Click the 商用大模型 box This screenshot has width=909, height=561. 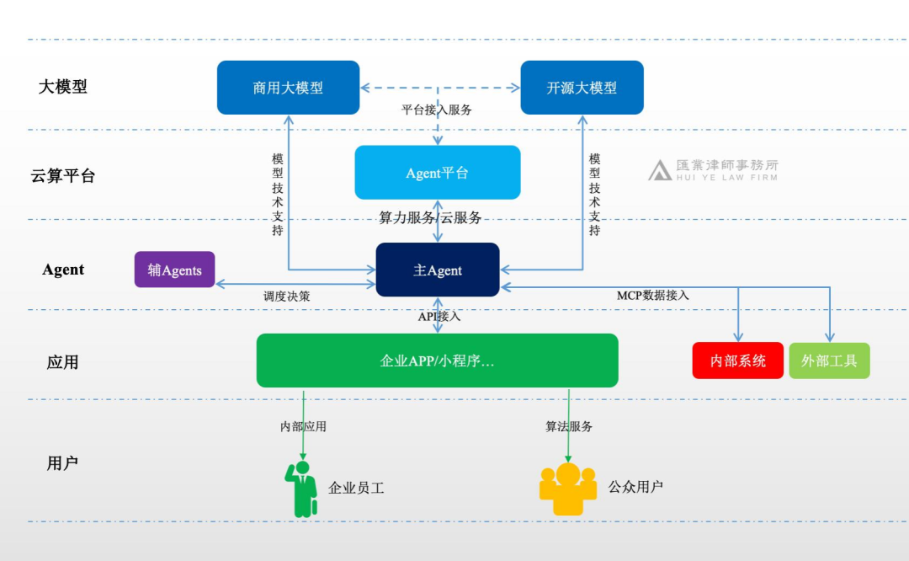click(288, 88)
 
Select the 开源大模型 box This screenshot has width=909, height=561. click(582, 88)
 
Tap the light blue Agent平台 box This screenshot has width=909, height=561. click(437, 173)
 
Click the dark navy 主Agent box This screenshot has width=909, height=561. click(438, 270)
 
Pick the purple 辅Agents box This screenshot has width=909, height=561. click(175, 270)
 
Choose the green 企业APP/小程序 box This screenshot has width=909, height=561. click(437, 361)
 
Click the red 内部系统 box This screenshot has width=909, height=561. click(738, 361)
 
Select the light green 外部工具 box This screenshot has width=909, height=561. click(829, 361)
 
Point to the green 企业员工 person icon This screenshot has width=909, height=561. click(301, 489)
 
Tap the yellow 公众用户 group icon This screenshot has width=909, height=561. click(568, 489)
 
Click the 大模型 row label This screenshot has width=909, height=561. click(63, 87)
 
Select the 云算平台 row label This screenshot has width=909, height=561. click(63, 176)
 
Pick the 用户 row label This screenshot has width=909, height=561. click(63, 462)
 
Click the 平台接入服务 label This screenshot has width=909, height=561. click(437, 110)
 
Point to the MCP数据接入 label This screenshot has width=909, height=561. click(653, 295)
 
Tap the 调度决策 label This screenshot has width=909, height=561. click(286, 297)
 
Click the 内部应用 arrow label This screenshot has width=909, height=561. click(303, 426)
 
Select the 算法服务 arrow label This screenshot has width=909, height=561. click(569, 426)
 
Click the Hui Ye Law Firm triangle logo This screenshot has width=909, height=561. click(660, 170)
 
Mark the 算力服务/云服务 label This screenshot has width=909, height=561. click(430, 217)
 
